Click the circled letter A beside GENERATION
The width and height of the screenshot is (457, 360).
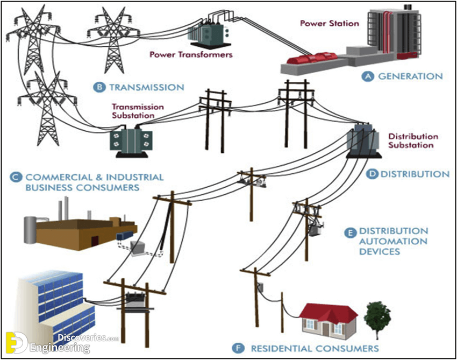368,76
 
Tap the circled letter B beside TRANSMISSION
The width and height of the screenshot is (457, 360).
99,87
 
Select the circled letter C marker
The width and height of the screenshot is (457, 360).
16,177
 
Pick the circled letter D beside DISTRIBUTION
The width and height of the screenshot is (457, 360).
372,174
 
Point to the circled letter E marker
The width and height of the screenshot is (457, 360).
350,233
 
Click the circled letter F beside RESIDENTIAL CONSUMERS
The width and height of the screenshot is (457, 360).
238,348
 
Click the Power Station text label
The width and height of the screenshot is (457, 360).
330,23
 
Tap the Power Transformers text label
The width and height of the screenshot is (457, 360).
191,54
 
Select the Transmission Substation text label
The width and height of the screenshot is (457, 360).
138,111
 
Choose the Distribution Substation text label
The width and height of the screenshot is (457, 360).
413,140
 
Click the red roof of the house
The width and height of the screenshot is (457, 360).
329,312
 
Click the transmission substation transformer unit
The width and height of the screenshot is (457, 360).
131,142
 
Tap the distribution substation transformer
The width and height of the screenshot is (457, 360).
363,141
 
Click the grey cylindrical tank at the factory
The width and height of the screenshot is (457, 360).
30,230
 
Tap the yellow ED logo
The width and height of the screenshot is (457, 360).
17,342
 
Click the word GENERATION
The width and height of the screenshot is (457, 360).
410,76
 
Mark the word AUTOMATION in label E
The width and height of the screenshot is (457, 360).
393,241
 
